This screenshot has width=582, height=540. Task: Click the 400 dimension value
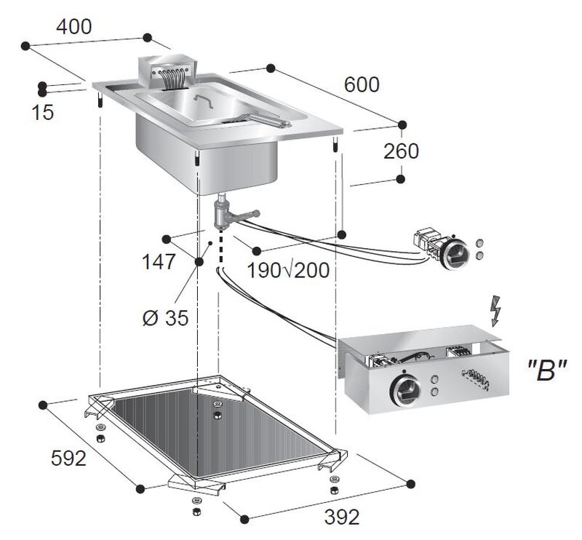(74, 27)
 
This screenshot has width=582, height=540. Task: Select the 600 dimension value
(362, 84)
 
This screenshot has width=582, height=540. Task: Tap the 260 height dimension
(401, 151)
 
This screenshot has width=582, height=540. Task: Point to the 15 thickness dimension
(43, 112)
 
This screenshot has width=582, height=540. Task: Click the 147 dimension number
(159, 262)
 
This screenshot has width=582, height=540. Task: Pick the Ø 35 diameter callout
(166, 318)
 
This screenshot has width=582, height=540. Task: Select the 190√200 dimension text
(288, 271)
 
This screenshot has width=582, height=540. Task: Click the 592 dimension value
(68, 458)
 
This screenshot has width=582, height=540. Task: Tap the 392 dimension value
(342, 517)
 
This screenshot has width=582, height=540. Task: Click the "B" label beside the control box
(547, 370)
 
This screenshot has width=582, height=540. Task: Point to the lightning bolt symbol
(495, 311)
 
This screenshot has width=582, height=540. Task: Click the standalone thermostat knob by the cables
(454, 253)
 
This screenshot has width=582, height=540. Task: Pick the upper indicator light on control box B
(434, 381)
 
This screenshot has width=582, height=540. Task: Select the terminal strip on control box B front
(475, 380)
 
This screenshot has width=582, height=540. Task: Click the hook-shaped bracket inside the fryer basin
(204, 100)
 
